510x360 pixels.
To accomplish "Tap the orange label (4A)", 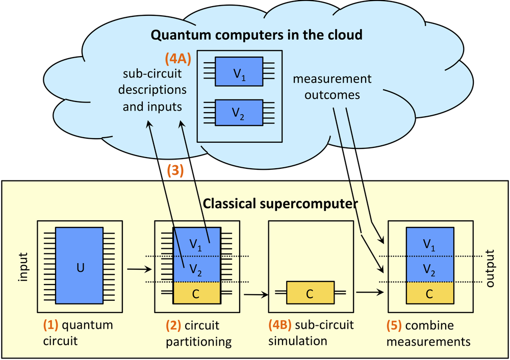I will pyautogui.click(x=178, y=59).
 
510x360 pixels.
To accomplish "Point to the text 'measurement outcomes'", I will pyautogui.click(x=332, y=87).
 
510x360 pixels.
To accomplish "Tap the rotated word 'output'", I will pyautogui.click(x=490, y=268).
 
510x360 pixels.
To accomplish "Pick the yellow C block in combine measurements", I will pyautogui.click(x=429, y=294).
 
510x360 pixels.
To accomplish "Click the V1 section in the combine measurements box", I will pyautogui.click(x=429, y=244).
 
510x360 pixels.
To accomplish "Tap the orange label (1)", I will pyautogui.click(x=50, y=324).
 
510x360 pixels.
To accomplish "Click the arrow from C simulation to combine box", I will pyautogui.click(x=369, y=292).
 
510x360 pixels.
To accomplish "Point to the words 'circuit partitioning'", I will pyautogui.click(x=199, y=332).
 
